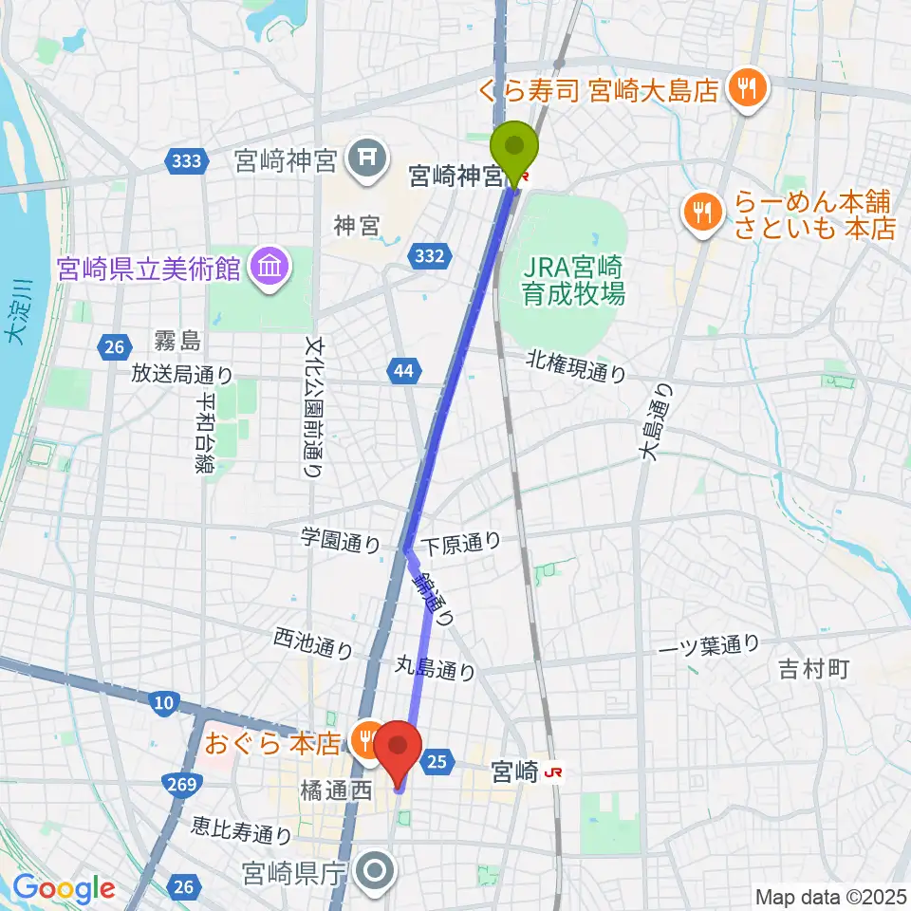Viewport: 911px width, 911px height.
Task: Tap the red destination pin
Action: pyautogui.click(x=398, y=750)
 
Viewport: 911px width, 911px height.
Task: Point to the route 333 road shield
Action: pyautogui.click(x=187, y=161)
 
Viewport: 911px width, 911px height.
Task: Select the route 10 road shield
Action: pyautogui.click(x=163, y=702)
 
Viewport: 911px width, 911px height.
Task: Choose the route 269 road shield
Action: pyautogui.click(x=185, y=784)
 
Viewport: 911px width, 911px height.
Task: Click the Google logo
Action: pyautogui.click(x=64, y=888)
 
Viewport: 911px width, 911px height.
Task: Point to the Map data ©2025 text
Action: pyautogui.click(x=830, y=896)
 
